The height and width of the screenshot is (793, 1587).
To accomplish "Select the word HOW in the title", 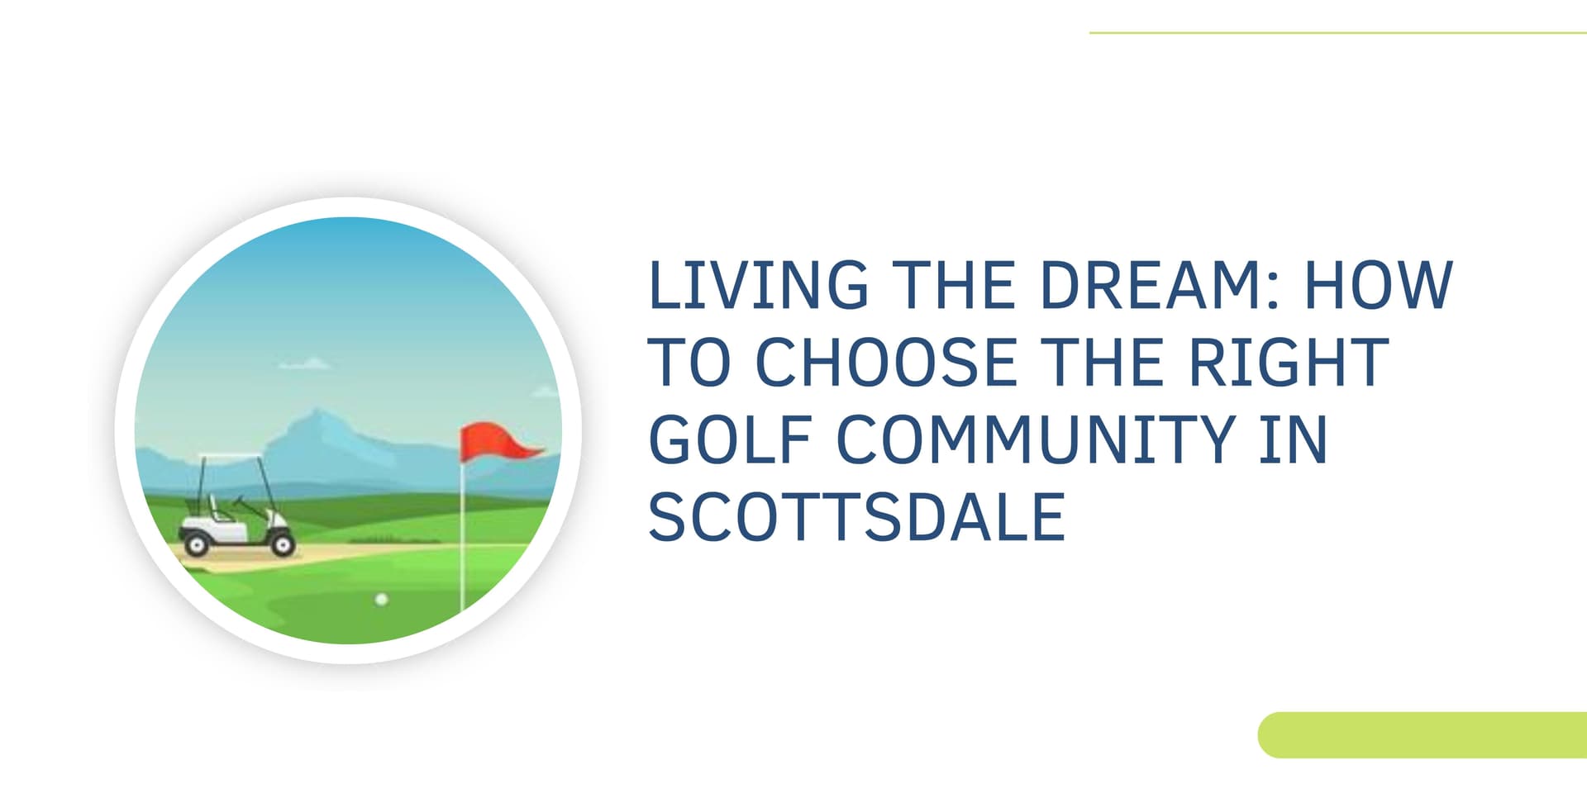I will point(1378,285).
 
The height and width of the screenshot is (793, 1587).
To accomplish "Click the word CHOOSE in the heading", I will point(886,362).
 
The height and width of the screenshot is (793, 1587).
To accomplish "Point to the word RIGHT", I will point(1289,362).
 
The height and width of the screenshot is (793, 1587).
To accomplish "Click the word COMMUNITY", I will point(1037,439).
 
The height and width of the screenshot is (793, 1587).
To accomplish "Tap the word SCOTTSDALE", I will point(856,517).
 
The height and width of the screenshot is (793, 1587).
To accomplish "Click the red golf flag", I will point(496,442).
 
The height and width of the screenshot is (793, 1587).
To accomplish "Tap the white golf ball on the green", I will point(381,599).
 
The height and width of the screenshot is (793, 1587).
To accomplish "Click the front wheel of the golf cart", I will point(283,544).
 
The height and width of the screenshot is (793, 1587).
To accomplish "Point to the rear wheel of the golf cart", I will point(197,544).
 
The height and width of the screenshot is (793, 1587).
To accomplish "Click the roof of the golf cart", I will point(232,457).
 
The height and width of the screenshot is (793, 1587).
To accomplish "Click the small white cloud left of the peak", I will point(304,363).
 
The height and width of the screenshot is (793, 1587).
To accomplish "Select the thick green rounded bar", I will point(1422,734).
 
